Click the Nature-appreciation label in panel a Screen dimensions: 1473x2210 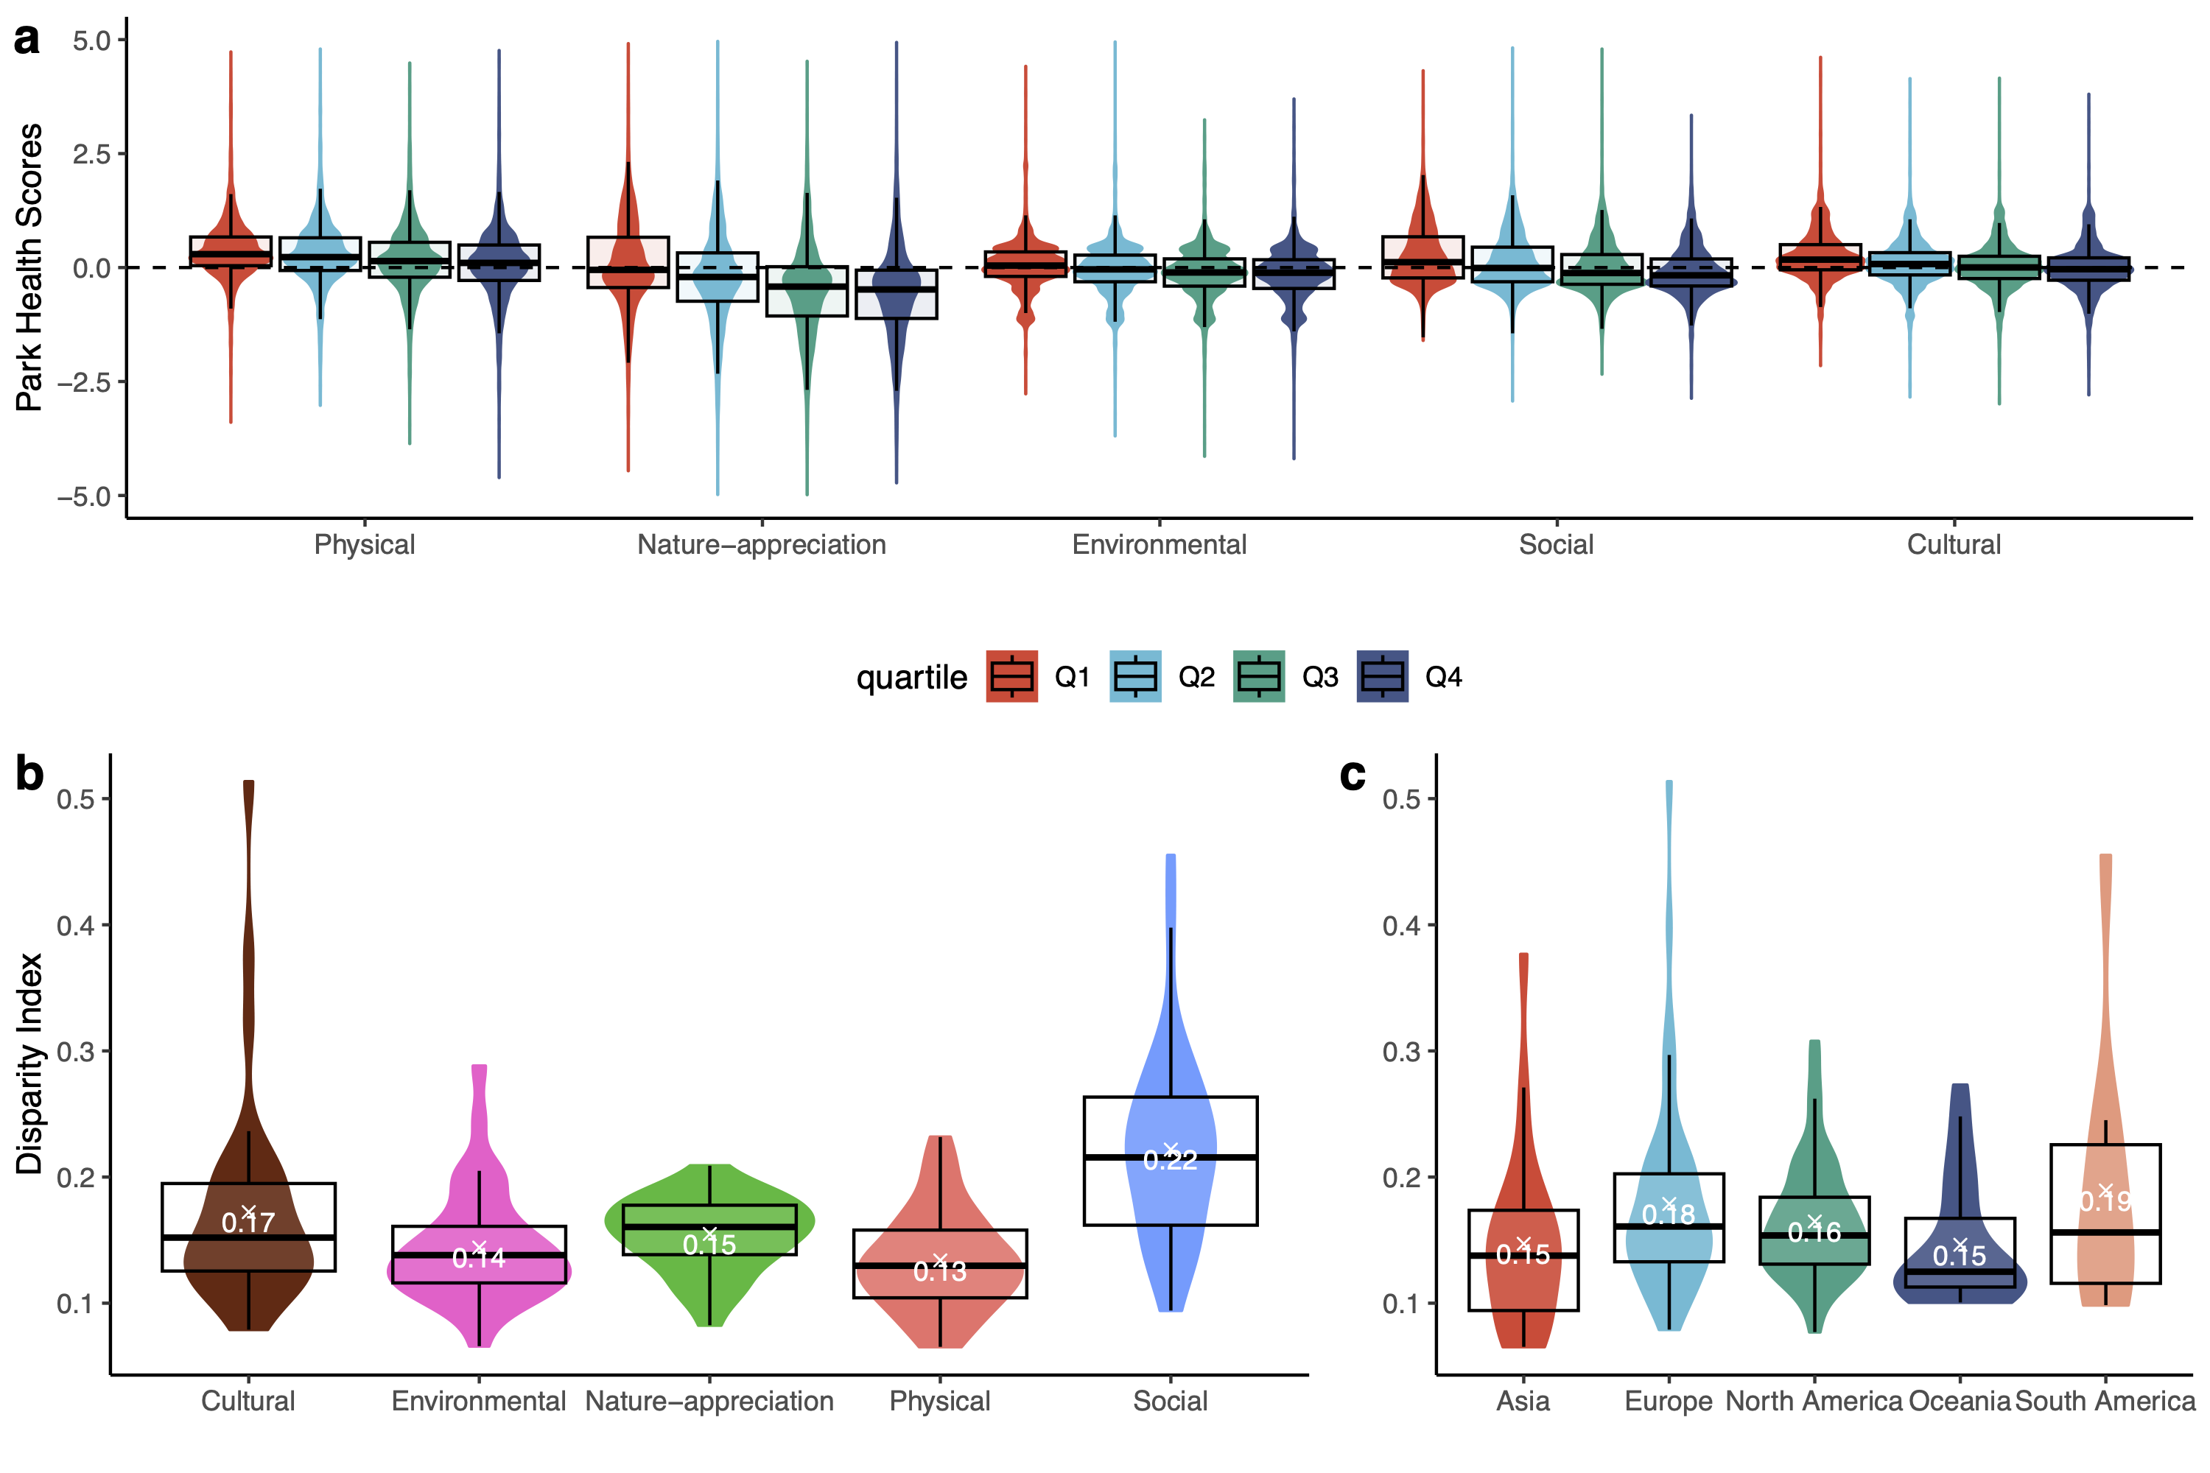761,545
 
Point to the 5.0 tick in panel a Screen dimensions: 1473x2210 91,41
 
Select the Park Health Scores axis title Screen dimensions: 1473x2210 29,268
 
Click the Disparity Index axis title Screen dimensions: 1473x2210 29,1064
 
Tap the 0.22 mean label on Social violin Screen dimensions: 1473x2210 1170,1160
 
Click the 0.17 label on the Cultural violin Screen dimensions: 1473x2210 248,1222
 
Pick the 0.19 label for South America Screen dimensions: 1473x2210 2105,1201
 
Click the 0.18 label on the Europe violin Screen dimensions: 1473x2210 1668,1214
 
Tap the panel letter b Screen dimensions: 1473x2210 29,774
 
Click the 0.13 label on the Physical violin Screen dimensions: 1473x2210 940,1271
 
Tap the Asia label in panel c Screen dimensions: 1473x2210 1523,1401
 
